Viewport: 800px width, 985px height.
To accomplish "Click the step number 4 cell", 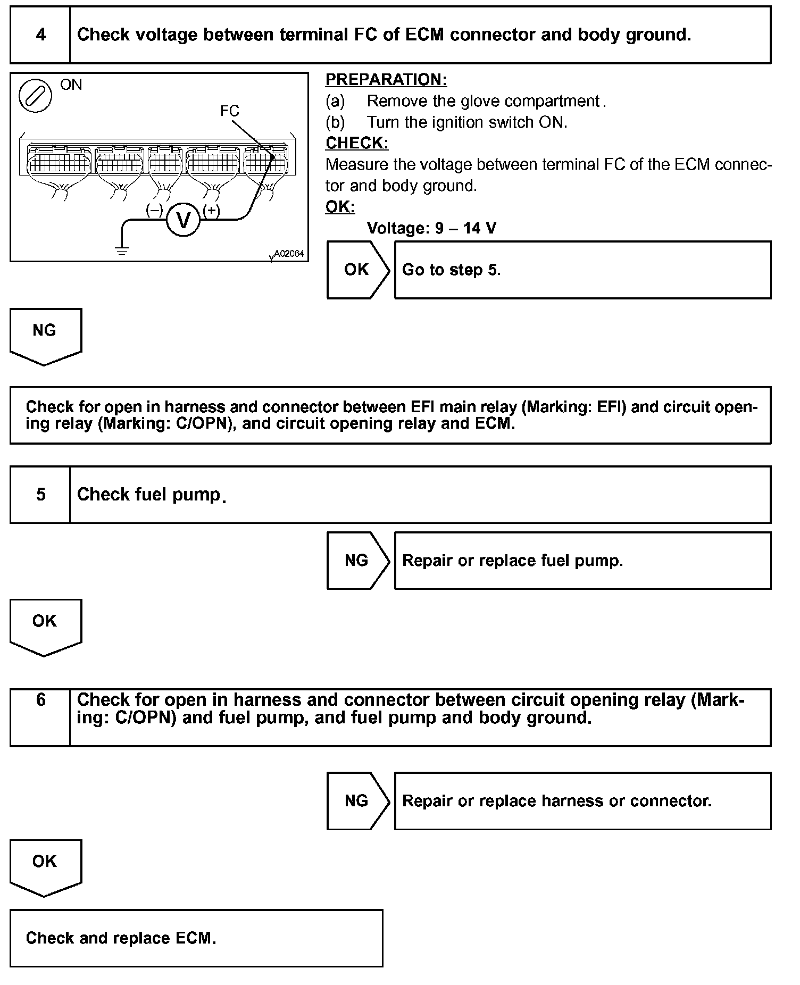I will tap(40, 35).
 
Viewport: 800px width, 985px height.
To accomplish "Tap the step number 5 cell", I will tap(40, 495).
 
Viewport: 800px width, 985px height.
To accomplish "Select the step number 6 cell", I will tap(40, 717).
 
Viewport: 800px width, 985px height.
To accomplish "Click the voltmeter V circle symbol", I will tap(183, 220).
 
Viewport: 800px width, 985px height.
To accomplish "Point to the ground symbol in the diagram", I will tap(122, 251).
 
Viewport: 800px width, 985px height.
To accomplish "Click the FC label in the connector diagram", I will tap(230, 111).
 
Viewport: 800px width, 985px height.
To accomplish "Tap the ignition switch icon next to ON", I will tap(35, 96).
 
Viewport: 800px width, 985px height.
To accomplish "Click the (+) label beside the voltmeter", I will tap(211, 211).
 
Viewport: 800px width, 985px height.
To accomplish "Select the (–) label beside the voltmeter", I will tap(154, 211).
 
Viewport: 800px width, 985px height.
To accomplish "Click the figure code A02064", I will tap(289, 254).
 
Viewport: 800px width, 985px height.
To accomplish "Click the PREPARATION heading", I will tap(386, 80).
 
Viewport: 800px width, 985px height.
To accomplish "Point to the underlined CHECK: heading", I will tap(357, 143).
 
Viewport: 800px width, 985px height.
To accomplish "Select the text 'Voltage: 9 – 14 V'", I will tap(431, 228).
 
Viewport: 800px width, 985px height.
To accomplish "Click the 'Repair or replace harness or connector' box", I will tap(582, 801).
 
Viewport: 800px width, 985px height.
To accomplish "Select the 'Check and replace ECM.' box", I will tap(196, 938).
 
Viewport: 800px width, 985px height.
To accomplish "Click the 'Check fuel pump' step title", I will tap(149, 495).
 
